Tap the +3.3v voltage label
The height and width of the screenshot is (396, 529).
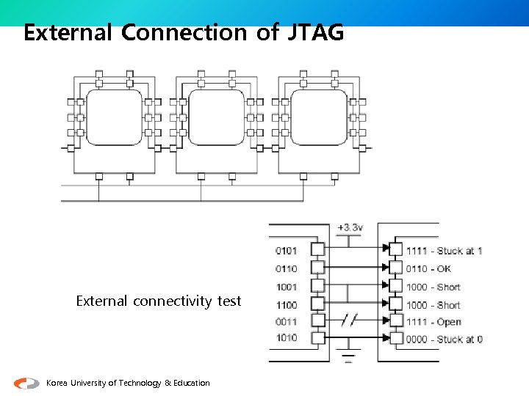coord(350,227)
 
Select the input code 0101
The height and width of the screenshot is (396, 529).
coord(287,251)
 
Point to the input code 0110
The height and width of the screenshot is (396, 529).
coord(287,268)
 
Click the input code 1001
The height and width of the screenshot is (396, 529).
coord(287,287)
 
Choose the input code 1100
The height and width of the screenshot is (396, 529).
coord(287,305)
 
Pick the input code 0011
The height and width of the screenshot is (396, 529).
coord(287,321)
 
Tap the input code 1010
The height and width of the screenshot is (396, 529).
coord(287,338)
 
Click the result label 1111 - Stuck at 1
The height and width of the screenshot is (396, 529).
coord(444,251)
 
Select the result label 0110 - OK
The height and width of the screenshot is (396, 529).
coord(428,269)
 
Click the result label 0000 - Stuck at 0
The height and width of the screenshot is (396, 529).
coord(444,340)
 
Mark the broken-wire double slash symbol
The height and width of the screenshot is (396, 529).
coord(350,321)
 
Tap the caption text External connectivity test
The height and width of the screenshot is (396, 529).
coord(159,301)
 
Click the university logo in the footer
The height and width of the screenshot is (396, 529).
coord(27,383)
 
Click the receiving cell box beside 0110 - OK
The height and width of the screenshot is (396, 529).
coord(397,268)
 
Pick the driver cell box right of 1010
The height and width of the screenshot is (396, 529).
coord(317,338)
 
